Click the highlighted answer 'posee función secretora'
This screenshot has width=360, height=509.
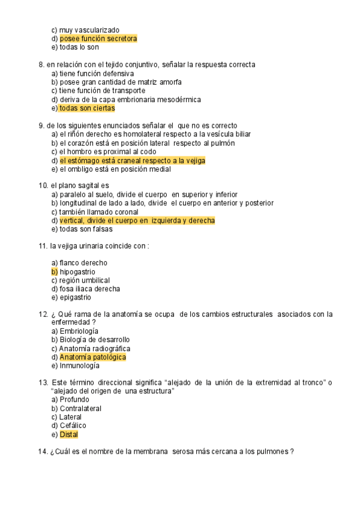point(98,39)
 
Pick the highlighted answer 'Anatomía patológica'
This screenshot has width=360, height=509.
point(92,357)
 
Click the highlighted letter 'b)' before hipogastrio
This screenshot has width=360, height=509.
point(55,272)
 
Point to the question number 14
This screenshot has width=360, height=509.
point(43,452)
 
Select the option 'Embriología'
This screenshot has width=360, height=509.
point(79,331)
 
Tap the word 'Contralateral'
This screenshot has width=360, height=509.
point(80,408)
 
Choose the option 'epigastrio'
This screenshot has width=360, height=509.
point(75,297)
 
